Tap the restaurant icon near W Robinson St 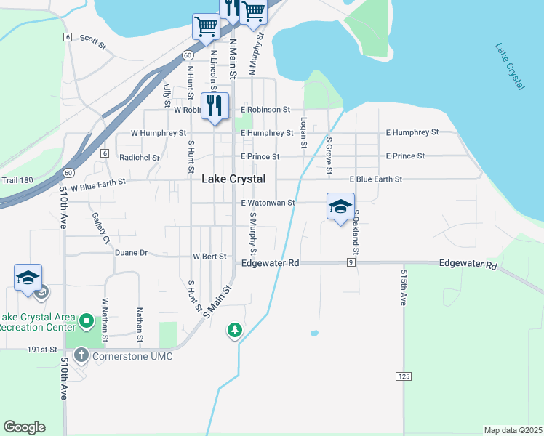click(215, 106)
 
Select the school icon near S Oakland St click(340, 207)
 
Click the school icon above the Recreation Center click(28, 278)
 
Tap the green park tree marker click(234, 331)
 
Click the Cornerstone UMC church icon click(81, 356)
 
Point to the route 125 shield click(404, 376)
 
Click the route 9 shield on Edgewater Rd click(351, 262)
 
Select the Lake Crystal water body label click(510, 67)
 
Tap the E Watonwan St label click(268, 203)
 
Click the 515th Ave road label click(402, 288)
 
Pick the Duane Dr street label click(131, 253)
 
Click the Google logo click(24, 427)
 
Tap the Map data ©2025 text click(513, 430)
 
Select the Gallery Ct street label click(100, 228)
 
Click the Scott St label click(93, 41)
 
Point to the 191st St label click(42, 349)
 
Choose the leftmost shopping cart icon click(206, 27)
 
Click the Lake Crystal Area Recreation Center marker click(87, 320)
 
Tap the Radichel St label click(140, 157)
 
